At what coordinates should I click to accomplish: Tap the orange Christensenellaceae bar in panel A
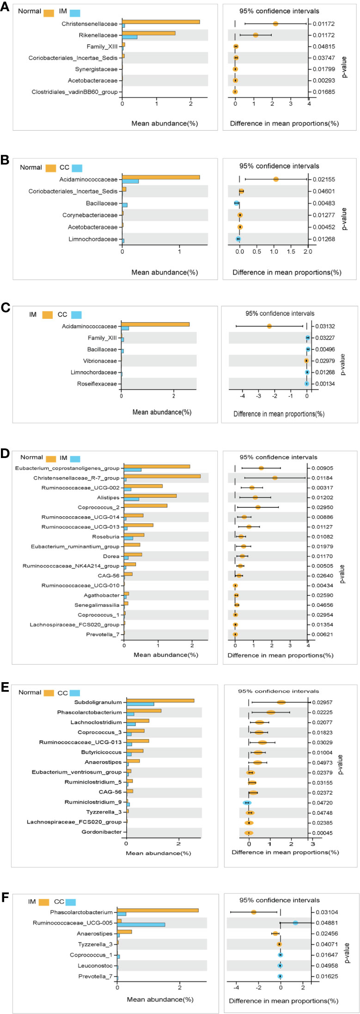tap(161, 22)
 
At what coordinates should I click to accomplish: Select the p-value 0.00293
tap(324, 80)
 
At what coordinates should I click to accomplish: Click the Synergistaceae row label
tap(96, 69)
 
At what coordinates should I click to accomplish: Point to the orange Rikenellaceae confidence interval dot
tap(256, 35)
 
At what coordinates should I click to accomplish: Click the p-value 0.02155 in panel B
tap(325, 179)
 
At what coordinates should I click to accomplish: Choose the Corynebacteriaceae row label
tap(90, 215)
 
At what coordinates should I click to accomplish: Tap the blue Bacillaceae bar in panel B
tap(125, 205)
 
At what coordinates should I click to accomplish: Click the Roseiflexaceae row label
tap(97, 384)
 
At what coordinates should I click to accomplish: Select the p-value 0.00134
tap(325, 384)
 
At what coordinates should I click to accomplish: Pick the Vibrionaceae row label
tap(100, 361)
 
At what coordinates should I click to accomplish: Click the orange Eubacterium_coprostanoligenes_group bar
tap(157, 466)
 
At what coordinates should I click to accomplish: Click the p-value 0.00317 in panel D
tap(323, 488)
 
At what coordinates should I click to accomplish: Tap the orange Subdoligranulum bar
tap(160, 701)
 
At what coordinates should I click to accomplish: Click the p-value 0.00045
tap(323, 833)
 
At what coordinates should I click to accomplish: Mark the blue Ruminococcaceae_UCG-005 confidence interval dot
tap(296, 923)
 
